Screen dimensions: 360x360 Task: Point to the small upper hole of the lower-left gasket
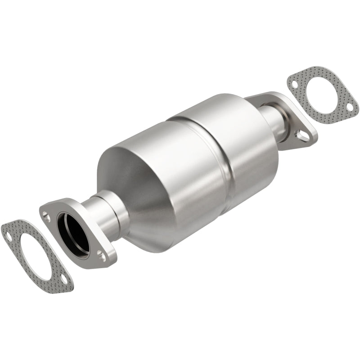(x=9, y=233)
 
